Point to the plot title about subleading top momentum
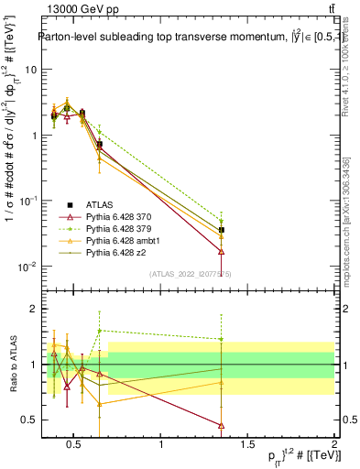point(179,38)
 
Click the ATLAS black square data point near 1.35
point(221,230)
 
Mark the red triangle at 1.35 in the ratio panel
point(221,425)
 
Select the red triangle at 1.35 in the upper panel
point(221,251)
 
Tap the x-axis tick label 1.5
point(246,446)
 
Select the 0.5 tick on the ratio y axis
point(25,420)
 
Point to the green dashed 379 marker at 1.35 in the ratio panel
point(221,339)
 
